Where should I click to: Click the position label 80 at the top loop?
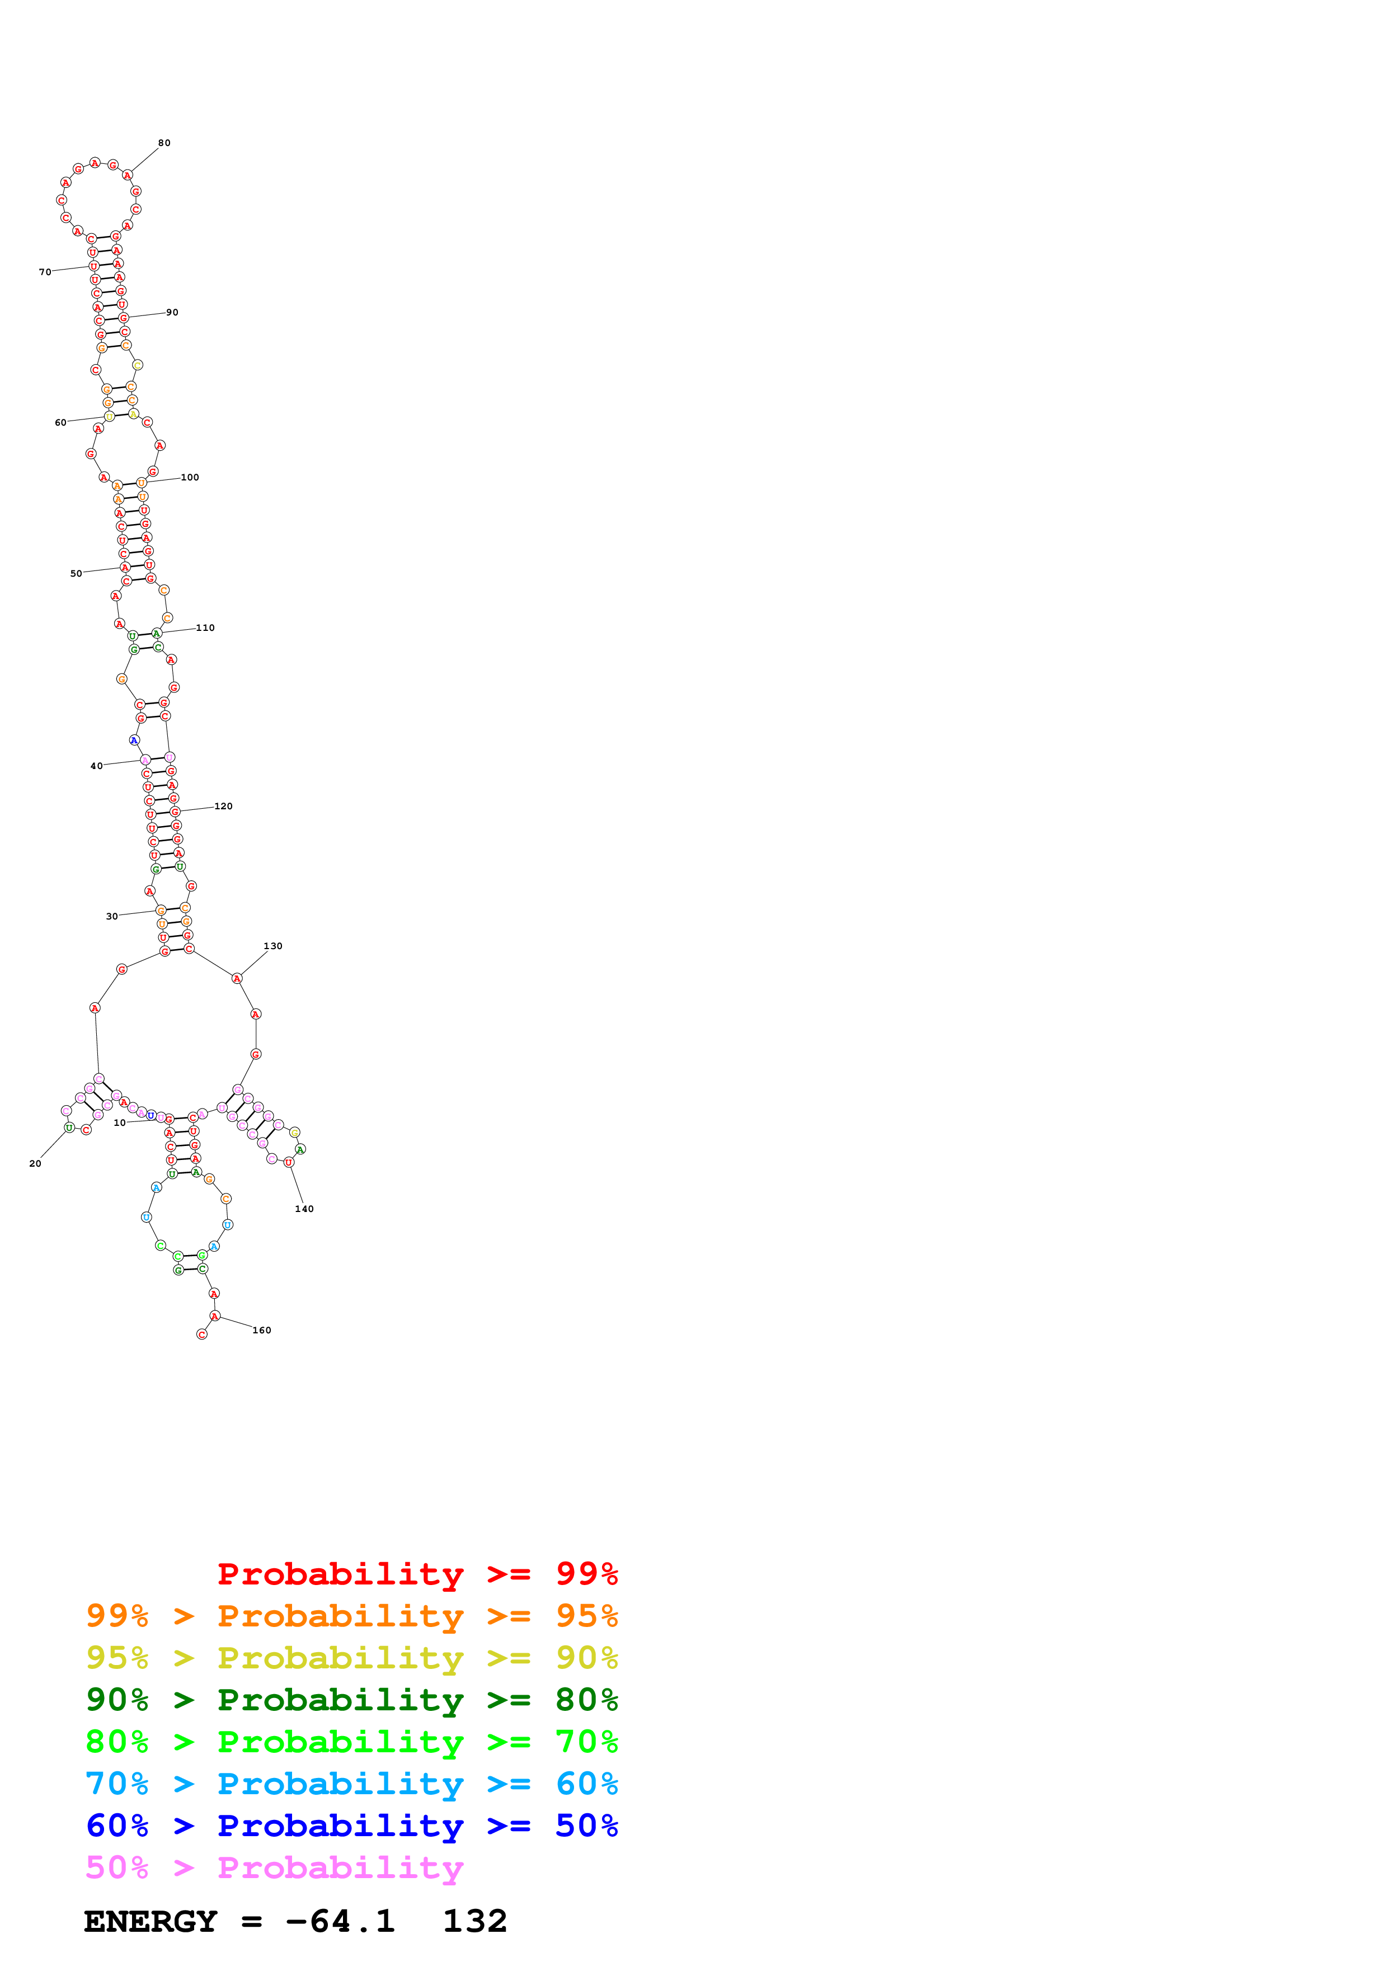pos(164,143)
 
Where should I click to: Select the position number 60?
pos(60,423)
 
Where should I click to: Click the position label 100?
pos(190,478)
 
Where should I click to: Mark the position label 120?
pos(223,807)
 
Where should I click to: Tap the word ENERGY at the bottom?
pos(151,1922)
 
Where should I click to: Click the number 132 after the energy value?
pos(474,1922)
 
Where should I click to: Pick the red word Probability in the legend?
pos(340,1574)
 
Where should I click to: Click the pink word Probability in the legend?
pos(340,1868)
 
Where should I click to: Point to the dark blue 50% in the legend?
pos(586,1826)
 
